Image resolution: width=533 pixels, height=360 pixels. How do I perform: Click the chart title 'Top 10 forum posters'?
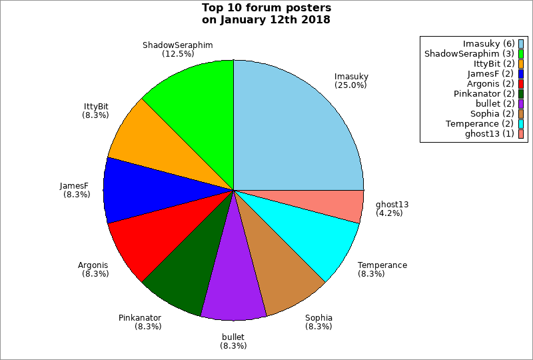coord(266,9)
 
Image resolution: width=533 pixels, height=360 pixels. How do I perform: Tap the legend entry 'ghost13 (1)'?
coord(489,134)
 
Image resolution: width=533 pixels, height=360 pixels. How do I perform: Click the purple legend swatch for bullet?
coord(521,104)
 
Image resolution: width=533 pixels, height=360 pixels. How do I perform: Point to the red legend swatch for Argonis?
coord(521,84)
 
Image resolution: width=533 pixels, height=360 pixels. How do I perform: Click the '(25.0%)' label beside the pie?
coord(351,85)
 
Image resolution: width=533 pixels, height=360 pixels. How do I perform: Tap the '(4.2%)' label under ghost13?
coord(390,213)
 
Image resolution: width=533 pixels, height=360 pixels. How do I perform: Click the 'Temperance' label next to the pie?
coord(382,265)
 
